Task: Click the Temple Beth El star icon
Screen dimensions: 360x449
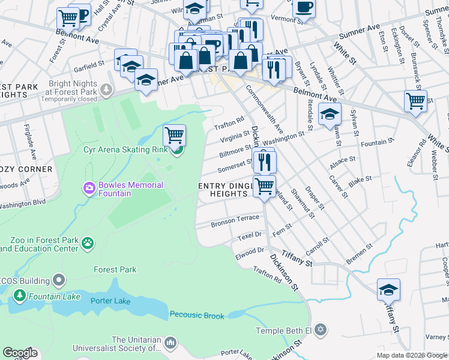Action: click(321, 330)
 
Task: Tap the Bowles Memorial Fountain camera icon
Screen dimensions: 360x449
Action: click(89, 189)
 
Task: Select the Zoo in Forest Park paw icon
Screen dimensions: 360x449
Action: click(88, 243)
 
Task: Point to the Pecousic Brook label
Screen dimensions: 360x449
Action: click(197, 315)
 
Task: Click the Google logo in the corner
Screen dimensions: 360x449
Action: click(20, 353)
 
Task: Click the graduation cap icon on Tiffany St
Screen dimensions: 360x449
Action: click(388, 289)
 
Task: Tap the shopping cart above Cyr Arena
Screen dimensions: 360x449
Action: click(174, 134)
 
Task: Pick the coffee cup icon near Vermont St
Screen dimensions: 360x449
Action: click(304, 8)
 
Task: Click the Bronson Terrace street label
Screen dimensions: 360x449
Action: click(235, 221)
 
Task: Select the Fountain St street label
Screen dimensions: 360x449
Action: click(378, 142)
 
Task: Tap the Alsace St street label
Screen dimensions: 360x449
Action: click(343, 163)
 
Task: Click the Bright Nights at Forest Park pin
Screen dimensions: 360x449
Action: click(106, 90)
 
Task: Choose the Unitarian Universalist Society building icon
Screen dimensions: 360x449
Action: click(170, 343)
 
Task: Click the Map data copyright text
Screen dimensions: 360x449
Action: click(412, 355)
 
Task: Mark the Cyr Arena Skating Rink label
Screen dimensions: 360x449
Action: click(126, 149)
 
